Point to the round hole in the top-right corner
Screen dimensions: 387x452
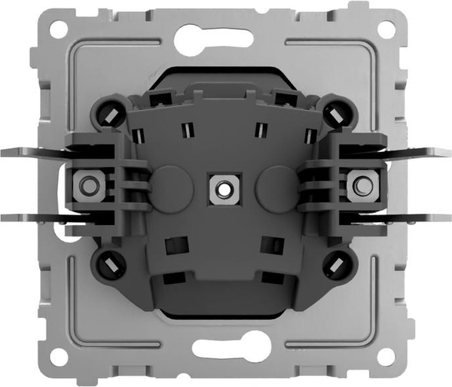387,29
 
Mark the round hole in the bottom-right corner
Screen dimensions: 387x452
387,357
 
